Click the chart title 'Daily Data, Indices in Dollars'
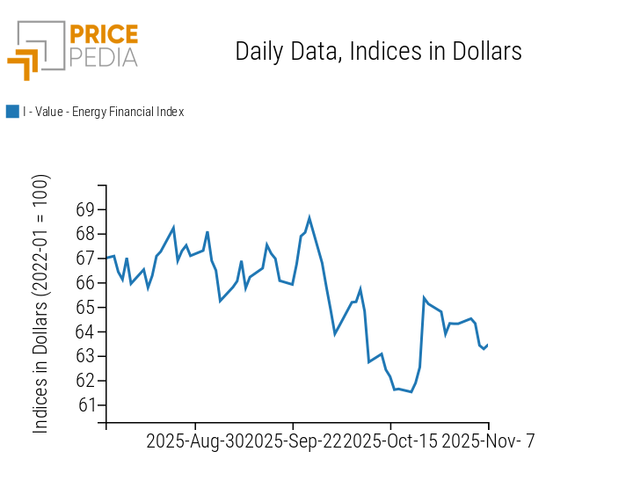click(378, 52)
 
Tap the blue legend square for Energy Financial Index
click(12, 112)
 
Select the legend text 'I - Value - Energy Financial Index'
click(103, 112)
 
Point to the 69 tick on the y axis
click(85, 210)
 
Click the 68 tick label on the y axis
click(85, 235)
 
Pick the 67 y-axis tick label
click(85, 259)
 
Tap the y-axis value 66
click(85, 283)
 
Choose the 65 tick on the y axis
click(85, 308)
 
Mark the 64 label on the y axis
click(85, 332)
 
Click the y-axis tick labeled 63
click(85, 356)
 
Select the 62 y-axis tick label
click(85, 381)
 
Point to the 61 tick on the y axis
click(85, 405)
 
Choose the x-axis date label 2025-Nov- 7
click(487, 441)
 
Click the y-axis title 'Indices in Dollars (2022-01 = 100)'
click(41, 303)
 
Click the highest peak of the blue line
click(309, 217)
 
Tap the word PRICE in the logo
click(103, 35)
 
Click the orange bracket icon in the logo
click(24, 63)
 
